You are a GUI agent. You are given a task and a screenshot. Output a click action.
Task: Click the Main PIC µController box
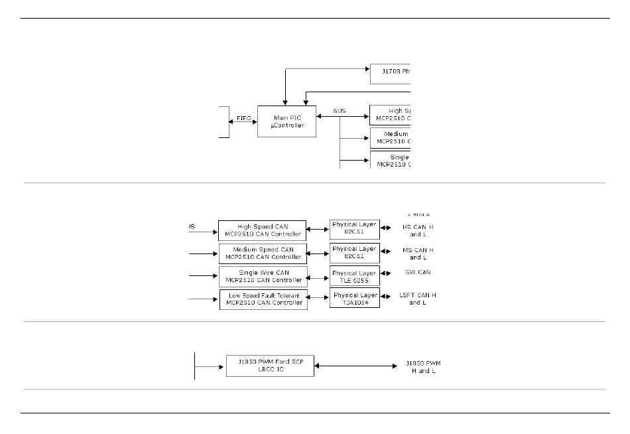286,121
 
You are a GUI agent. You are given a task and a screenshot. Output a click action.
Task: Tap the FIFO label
243,117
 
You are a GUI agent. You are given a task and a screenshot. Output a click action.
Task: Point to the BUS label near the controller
339,111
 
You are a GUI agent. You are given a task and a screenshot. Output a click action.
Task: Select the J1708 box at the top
390,74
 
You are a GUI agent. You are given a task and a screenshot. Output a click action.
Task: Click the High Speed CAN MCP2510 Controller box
263,230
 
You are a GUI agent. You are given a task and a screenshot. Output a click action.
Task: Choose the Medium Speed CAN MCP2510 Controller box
263,253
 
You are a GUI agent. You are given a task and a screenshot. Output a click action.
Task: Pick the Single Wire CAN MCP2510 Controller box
263,276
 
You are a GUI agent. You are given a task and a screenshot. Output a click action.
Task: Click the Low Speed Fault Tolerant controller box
263,299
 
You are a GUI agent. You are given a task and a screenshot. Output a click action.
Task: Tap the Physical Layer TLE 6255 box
354,276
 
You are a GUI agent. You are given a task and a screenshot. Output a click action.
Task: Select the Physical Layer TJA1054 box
355,299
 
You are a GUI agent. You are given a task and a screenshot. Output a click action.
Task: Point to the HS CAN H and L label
418,230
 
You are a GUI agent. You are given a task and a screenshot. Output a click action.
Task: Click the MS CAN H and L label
418,253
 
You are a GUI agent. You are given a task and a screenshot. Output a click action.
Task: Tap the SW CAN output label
418,272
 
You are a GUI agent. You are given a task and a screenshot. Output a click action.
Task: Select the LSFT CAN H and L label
418,299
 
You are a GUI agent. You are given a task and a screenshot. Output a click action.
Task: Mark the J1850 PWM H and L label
423,367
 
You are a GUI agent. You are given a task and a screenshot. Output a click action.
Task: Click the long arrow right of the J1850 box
355,366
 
